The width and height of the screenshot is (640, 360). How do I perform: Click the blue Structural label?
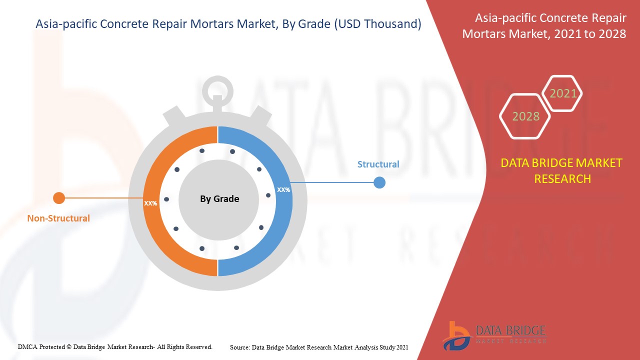pos(378,164)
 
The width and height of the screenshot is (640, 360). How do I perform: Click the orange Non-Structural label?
pos(58,218)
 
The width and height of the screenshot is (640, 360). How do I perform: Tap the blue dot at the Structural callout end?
pos(379,182)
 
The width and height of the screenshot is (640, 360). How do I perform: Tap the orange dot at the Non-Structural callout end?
pos(59,198)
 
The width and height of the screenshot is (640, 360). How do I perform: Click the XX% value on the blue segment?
pos(283,190)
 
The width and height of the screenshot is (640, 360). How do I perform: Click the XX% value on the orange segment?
pos(150,203)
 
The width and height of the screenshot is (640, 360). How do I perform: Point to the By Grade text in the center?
pos(219,199)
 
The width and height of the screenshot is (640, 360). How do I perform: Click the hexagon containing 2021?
pos(563,93)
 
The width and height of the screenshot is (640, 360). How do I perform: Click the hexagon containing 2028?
pos(525,116)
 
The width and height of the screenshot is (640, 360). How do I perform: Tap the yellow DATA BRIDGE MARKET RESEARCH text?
pos(561,170)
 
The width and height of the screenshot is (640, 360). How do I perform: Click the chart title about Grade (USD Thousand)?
pos(228,23)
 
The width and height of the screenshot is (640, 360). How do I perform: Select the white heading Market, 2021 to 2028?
pos(544,26)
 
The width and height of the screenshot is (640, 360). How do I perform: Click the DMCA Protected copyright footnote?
pos(115,346)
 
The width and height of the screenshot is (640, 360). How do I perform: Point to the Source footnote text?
pos(319,347)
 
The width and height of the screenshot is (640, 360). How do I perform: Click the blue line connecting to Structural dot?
pos(332,182)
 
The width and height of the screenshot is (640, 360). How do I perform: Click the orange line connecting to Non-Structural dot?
pos(102,198)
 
